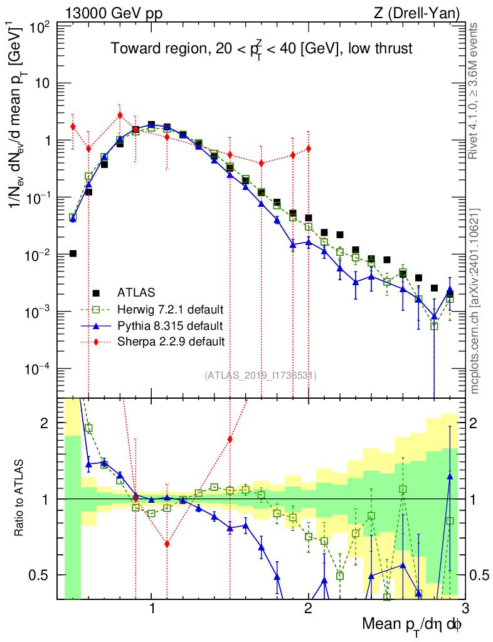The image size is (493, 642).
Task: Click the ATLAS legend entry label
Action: (x=136, y=292)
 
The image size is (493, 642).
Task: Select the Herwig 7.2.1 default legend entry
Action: (x=171, y=309)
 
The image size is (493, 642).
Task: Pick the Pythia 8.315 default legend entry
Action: (x=169, y=325)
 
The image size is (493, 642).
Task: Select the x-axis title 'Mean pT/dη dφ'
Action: (x=413, y=624)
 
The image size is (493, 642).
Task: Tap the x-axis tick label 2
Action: (x=308, y=608)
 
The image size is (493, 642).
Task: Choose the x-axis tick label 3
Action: (x=464, y=608)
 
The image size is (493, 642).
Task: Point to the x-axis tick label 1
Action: (x=152, y=608)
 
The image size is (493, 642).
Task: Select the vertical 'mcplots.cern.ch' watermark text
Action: (x=475, y=301)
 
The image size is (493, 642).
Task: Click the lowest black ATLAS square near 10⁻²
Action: (x=73, y=253)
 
